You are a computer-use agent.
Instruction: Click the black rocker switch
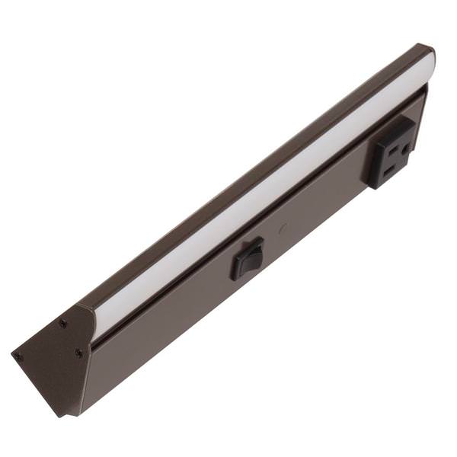click(248, 259)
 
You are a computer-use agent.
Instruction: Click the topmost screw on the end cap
click(62, 323)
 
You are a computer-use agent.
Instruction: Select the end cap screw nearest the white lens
click(78, 353)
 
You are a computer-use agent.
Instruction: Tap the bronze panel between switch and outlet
click(320, 213)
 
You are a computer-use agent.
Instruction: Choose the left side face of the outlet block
click(374, 164)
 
